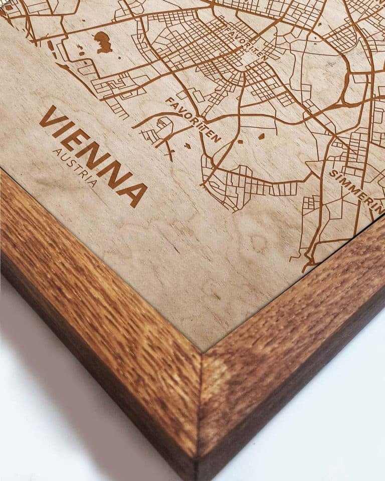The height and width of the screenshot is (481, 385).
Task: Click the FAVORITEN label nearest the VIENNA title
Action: tap(192, 119)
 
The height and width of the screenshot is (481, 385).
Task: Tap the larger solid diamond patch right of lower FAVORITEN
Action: tap(261, 136)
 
